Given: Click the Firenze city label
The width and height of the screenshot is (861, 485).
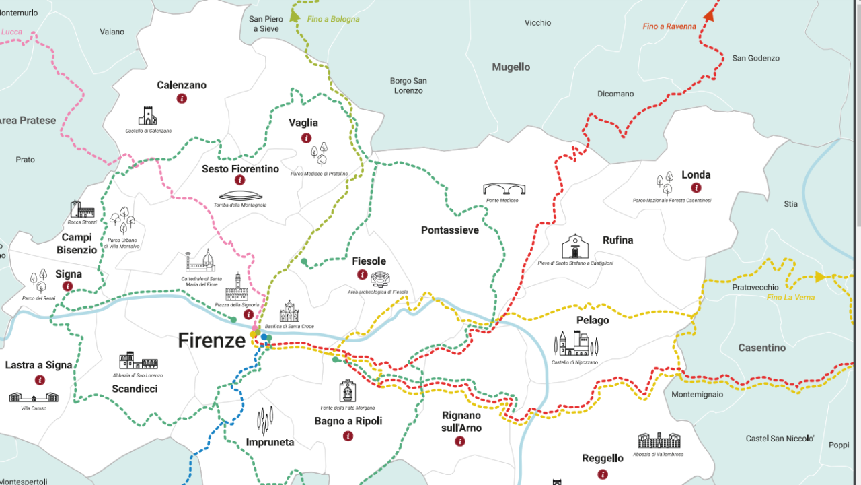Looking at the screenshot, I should [211, 341].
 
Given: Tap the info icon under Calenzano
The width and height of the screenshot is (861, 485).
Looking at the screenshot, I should [182, 98].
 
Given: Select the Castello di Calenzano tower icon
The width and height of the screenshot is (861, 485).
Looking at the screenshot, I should [147, 116].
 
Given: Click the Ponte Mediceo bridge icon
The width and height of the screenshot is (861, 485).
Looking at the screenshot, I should [504, 189].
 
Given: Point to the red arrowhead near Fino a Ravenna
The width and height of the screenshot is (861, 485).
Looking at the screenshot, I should [709, 15].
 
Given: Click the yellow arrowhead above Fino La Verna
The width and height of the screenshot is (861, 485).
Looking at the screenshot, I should [819, 276].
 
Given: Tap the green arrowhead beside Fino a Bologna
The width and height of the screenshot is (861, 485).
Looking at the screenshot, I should [295, 17].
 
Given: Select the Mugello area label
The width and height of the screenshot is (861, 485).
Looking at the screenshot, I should [511, 67].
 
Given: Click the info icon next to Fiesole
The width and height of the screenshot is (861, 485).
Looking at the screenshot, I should [363, 275].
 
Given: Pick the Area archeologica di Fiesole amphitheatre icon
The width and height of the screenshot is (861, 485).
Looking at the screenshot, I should [381, 279].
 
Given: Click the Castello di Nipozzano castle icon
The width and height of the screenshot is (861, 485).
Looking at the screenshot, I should [575, 344].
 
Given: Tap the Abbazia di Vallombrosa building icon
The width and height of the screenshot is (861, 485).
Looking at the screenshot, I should [659, 441].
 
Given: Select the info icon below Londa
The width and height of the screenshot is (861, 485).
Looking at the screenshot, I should [696, 188].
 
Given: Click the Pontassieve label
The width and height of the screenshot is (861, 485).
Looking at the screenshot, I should [450, 230].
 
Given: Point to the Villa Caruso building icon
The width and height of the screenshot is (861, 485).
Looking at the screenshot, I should [34, 397].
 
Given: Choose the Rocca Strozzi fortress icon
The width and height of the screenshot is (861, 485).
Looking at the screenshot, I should [82, 209].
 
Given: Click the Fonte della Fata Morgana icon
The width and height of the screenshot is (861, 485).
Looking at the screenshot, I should [347, 391].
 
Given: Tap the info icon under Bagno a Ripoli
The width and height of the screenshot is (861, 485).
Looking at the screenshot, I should [348, 436].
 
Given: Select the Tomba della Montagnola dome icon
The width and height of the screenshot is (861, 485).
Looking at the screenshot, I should [239, 195].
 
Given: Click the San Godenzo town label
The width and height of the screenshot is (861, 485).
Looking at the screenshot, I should [755, 59].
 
